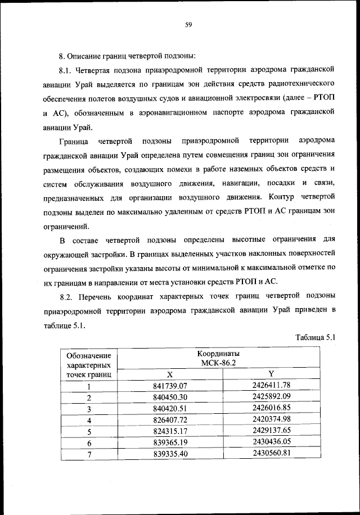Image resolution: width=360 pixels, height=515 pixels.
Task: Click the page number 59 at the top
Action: point(189,24)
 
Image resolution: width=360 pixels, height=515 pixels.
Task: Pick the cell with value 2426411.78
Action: point(271,385)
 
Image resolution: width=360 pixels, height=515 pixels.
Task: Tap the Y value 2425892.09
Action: point(271,397)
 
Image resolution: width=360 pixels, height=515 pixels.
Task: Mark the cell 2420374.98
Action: point(271,419)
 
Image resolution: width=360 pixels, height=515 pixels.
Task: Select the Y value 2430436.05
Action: point(271,442)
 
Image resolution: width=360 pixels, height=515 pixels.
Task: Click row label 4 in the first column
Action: point(89,420)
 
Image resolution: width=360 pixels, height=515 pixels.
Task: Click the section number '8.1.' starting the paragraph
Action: point(67,70)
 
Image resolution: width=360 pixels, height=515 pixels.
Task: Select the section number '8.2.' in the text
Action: point(67,296)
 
